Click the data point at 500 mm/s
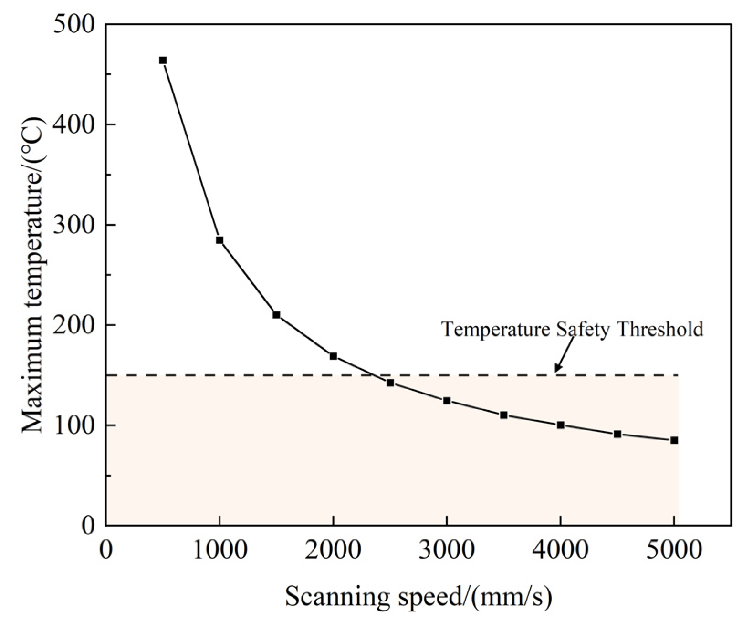(162, 61)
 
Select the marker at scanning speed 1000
(220, 240)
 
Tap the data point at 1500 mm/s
(277, 315)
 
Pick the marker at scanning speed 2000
(333, 356)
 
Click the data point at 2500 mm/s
(390, 383)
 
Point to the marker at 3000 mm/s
(447, 401)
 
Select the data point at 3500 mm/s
(504, 415)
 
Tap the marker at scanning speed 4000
(560, 425)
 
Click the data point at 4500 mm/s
(617, 434)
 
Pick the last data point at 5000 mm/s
(674, 440)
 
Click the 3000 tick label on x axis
(447, 550)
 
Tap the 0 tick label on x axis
(106, 550)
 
